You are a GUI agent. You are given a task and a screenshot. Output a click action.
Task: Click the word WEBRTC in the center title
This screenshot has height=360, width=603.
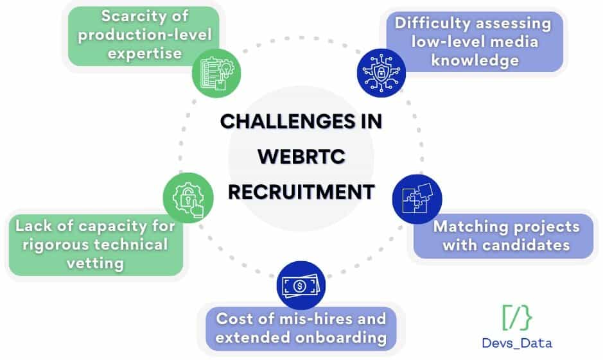(301, 157)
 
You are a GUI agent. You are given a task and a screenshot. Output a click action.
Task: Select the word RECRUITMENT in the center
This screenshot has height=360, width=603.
(301, 191)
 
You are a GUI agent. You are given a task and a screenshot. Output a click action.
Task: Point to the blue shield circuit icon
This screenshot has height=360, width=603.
(381, 73)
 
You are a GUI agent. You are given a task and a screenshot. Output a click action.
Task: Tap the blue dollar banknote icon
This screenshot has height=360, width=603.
(301, 286)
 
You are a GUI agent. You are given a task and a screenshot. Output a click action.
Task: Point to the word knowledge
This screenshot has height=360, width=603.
(475, 60)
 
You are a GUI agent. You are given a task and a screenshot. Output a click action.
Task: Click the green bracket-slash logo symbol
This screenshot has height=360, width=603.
(517, 317)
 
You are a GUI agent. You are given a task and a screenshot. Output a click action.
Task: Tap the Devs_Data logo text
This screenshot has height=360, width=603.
(517, 343)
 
